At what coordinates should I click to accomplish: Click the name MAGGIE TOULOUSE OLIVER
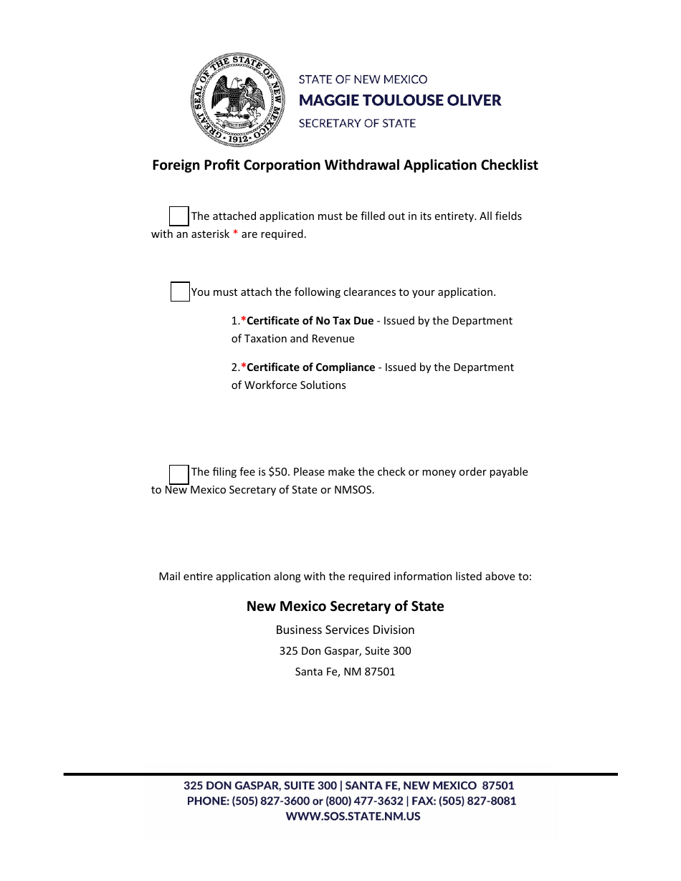[399, 100]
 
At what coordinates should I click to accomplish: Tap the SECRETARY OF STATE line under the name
[357, 123]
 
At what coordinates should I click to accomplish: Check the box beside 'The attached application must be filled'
[178, 216]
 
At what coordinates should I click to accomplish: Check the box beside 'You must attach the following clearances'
[180, 292]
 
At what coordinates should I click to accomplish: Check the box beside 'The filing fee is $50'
[178, 474]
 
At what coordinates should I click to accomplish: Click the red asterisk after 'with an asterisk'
[235, 234]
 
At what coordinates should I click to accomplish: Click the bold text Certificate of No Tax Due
[310, 321]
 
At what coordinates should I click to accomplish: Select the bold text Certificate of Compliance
[310, 367]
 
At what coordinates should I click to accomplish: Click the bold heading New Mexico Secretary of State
[345, 606]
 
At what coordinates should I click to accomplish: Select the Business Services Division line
[345, 630]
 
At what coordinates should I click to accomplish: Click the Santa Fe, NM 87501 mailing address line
[345, 672]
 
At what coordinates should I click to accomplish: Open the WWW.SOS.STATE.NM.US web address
[353, 817]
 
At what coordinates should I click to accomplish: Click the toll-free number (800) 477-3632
[364, 801]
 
